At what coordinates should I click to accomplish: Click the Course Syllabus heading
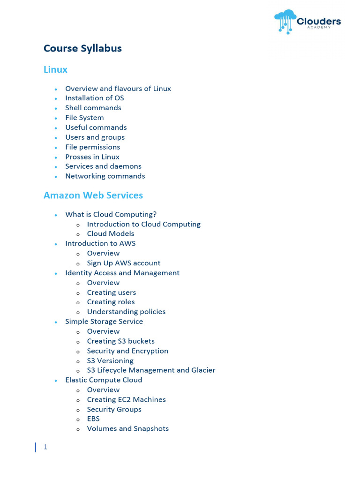click(82, 48)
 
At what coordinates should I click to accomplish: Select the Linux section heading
click(55, 69)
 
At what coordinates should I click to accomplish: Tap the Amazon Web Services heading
click(93, 195)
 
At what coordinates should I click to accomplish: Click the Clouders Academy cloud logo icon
click(285, 21)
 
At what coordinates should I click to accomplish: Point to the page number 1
click(45, 447)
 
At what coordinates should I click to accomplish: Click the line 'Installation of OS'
click(94, 98)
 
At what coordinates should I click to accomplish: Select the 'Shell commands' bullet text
click(93, 108)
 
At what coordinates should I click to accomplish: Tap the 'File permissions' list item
click(92, 147)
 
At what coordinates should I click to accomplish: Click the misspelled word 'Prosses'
click(77, 157)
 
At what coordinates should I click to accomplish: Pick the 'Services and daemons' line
click(103, 166)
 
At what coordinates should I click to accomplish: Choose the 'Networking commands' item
click(105, 176)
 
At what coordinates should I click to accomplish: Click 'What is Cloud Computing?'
click(111, 215)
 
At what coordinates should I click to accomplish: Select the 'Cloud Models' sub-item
click(111, 234)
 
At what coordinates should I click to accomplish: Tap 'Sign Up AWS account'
click(124, 263)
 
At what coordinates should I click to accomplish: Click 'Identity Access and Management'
click(122, 273)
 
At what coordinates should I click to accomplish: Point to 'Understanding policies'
click(126, 312)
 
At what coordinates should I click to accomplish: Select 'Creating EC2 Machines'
click(126, 399)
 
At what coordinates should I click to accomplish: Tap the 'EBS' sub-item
click(93, 419)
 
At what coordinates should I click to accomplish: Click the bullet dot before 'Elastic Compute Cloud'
click(56, 380)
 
